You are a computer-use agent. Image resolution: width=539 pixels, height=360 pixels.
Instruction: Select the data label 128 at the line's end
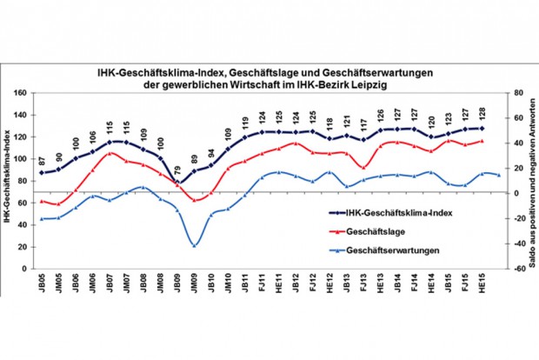coord(480,117)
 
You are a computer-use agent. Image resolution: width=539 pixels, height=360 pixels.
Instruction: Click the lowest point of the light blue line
coord(196,245)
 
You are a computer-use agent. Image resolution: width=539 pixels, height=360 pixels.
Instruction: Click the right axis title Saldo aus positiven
coord(530,180)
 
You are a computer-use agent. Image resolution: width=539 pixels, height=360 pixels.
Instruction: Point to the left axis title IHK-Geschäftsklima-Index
coord(7,181)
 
